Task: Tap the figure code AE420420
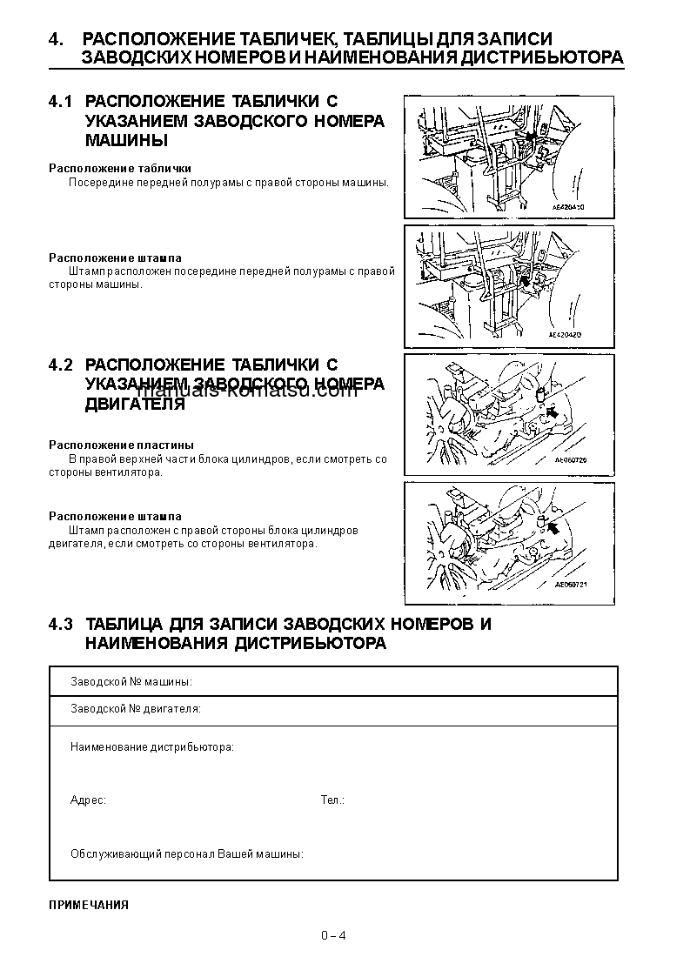pos(566,333)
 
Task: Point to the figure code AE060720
pos(571,461)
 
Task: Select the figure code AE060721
pos(571,586)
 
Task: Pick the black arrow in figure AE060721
pos(553,528)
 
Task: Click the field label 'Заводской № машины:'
pos(131,682)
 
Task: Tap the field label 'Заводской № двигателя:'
pos(136,709)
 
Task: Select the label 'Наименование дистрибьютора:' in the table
pos(152,747)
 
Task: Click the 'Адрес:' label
pos(88,800)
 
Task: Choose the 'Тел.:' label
pos(332,800)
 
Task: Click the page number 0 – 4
pos(333,935)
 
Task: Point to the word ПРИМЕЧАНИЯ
pos(89,905)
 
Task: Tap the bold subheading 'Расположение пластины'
pos(121,445)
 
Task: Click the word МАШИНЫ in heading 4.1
pos(126,140)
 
